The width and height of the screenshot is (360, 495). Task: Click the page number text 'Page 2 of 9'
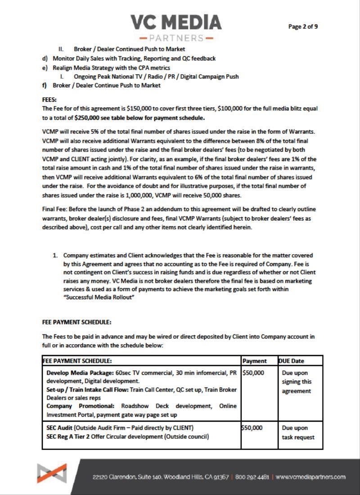[303, 27]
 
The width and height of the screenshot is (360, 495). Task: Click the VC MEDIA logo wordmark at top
[176, 22]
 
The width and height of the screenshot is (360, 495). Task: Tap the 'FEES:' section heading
[50, 100]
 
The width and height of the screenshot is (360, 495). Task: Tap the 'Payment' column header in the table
[254, 361]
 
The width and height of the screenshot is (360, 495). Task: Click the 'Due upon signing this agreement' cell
[297, 382]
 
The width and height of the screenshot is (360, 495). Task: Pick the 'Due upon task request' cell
[298, 432]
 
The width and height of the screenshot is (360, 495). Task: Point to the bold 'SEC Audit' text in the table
[60, 427]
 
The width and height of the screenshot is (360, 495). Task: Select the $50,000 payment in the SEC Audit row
[252, 427]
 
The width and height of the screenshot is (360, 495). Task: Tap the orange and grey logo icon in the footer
[52, 473]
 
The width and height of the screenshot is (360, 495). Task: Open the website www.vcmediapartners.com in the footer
[310, 477]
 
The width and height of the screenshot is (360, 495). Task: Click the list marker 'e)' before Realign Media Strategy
[45, 67]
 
